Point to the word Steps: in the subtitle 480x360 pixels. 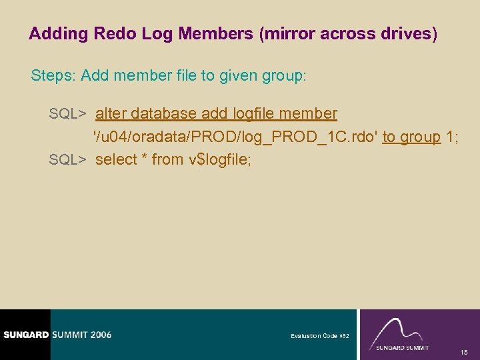[x=53, y=76]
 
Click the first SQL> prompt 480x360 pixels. [x=69, y=114]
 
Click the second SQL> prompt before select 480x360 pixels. [x=69, y=159]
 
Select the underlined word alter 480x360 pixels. [x=111, y=114]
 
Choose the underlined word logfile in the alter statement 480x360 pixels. [x=253, y=114]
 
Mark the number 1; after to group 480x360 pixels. [x=452, y=137]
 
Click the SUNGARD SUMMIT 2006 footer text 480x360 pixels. [x=56, y=335]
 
